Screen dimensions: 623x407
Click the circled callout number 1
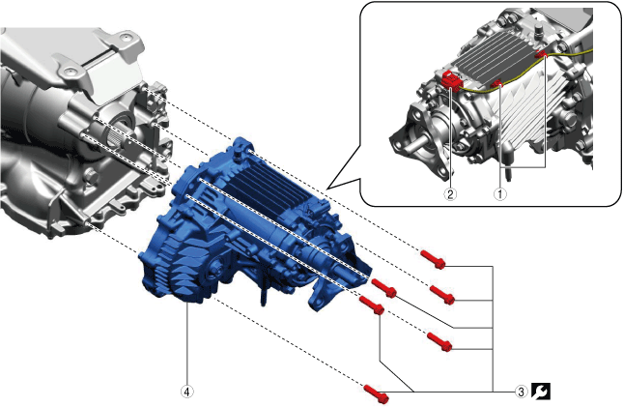[x=499, y=194]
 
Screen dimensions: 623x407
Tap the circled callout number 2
[x=450, y=194]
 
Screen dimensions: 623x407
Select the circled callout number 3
[x=522, y=392]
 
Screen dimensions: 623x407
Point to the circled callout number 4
[x=187, y=392]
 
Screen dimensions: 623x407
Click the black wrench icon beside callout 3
[x=541, y=392]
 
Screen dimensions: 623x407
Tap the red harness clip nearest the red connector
[x=496, y=83]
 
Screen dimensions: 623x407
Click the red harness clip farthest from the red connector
[x=541, y=54]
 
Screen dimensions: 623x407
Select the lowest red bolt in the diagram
[x=377, y=393]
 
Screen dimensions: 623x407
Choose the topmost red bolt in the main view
[x=433, y=258]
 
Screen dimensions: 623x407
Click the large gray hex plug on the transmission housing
[x=92, y=175]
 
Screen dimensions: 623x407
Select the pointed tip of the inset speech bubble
[x=326, y=189]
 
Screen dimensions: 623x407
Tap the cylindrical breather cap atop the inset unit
[x=538, y=30]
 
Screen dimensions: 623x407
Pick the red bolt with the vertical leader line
[x=372, y=304]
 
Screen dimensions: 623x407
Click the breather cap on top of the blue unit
[x=239, y=153]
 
